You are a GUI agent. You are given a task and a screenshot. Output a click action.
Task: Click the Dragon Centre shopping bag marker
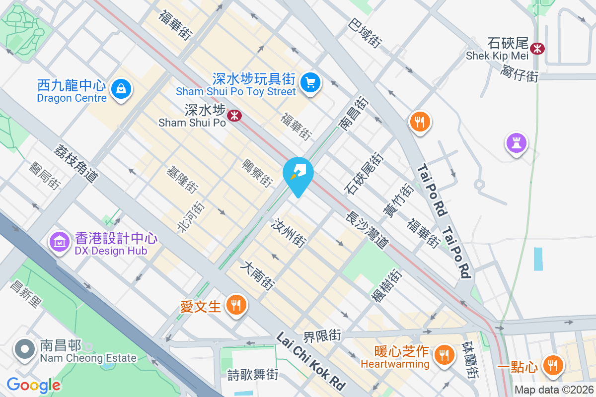[120, 89]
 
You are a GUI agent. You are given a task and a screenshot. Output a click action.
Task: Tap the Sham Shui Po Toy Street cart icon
[311, 81]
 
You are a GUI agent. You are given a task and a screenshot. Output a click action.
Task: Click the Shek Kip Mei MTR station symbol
[537, 48]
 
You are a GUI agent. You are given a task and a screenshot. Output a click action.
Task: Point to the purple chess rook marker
[516, 143]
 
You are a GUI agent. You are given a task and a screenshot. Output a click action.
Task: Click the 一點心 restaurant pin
[551, 365]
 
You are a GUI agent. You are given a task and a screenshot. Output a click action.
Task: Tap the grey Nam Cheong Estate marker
[24, 349]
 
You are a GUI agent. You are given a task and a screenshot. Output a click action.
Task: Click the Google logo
[34, 385]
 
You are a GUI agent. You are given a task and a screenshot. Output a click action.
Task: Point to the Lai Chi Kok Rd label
[311, 361]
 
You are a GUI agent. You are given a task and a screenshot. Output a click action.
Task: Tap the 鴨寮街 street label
[257, 173]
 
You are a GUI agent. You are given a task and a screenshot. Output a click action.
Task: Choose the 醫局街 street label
[45, 176]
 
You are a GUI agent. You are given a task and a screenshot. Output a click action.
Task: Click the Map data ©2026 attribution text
[554, 390]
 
